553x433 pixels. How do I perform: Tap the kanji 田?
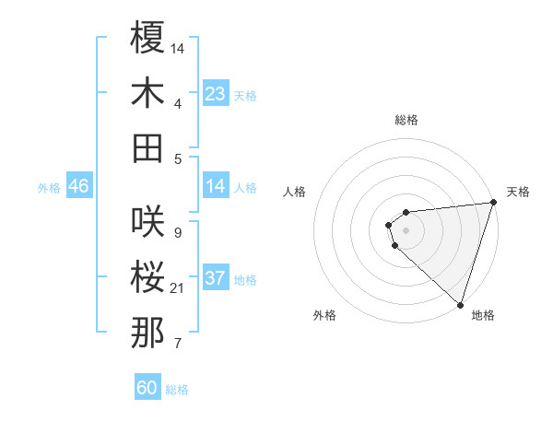tap(147, 147)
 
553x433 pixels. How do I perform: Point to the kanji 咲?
tap(147, 222)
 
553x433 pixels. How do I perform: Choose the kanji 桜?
tap(147, 277)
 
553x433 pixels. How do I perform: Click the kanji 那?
tap(147, 333)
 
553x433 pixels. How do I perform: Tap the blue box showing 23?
tap(216, 94)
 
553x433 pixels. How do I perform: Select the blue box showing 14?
tap(216, 187)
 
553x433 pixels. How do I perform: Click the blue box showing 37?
tap(216, 278)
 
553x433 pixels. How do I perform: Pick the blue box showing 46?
tap(79, 187)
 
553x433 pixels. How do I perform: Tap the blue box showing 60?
tap(147, 388)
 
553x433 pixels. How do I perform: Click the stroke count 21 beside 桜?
tap(177, 288)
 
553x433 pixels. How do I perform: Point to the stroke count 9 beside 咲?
tap(177, 232)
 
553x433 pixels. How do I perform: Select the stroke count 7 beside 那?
tap(177, 344)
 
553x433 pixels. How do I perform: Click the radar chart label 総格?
tap(406, 120)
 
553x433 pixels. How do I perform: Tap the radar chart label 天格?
tap(518, 192)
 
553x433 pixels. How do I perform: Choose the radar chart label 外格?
tap(324, 315)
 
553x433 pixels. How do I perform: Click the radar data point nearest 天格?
tap(493, 203)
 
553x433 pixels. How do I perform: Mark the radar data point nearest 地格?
tap(460, 304)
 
